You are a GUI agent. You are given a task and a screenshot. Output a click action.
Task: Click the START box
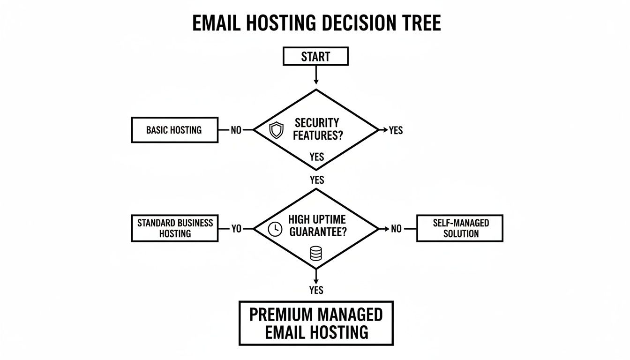[x=315, y=56]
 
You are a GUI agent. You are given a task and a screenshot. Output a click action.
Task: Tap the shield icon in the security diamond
[x=277, y=130]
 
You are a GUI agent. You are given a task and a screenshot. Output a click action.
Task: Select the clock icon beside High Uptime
[x=275, y=229]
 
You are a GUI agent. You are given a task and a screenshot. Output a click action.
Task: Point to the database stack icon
[x=316, y=254]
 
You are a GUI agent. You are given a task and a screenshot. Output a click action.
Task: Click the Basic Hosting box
[x=174, y=130]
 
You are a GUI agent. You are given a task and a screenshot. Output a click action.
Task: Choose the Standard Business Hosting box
[x=174, y=228]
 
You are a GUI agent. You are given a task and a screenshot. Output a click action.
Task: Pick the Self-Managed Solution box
[x=460, y=228]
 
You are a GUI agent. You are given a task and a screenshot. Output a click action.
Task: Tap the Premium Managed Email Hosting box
[x=316, y=323]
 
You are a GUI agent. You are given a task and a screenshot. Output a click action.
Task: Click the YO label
[x=237, y=229]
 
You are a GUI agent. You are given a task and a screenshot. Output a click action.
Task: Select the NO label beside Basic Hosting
[x=236, y=130]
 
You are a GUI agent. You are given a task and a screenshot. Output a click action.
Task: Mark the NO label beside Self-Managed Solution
[x=396, y=229]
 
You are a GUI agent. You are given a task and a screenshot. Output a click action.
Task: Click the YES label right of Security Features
[x=396, y=130]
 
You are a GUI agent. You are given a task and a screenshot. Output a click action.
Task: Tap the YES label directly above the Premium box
[x=316, y=290]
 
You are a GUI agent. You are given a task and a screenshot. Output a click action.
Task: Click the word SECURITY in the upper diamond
[x=317, y=123]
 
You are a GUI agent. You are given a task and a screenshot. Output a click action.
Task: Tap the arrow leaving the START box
[x=316, y=75]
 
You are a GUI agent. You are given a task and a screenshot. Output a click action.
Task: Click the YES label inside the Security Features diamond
[x=317, y=157]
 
